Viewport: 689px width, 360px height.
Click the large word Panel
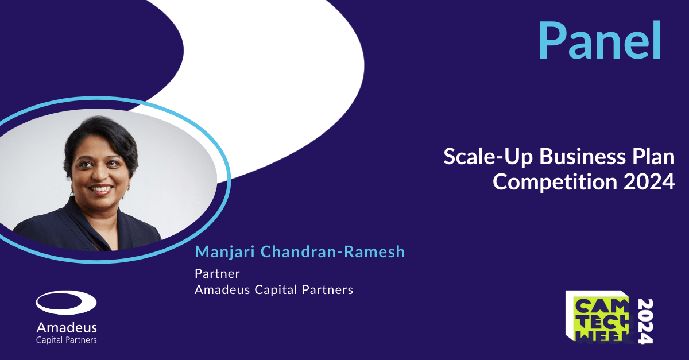point(599,40)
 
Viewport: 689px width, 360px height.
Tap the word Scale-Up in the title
point(488,157)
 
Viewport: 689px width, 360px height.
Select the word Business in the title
point(583,157)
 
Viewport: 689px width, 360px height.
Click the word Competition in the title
point(555,182)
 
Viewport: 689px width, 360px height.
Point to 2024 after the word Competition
point(649,182)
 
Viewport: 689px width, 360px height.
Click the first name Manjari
point(225,252)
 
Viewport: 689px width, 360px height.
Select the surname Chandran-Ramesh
point(332,251)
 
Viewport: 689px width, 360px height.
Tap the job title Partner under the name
point(217,273)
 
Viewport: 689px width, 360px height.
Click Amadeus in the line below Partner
point(222,289)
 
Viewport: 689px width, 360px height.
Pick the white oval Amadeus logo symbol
point(66,302)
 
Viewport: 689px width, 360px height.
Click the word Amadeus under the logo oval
point(67,328)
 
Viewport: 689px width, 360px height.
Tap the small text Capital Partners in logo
point(67,340)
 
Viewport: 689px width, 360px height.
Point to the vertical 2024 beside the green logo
point(645,321)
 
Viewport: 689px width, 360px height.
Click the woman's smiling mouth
point(101,189)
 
